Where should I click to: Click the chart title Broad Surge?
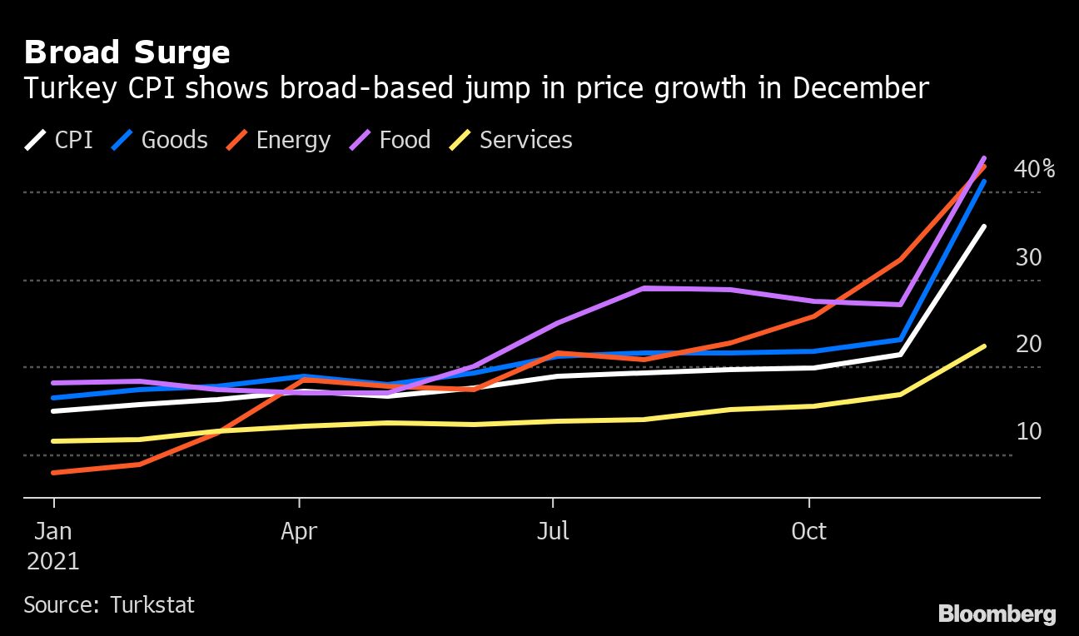(127, 53)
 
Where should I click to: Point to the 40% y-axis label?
(1034, 170)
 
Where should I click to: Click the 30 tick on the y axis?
(1028, 258)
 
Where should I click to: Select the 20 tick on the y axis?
(1028, 345)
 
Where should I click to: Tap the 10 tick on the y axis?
(1028, 432)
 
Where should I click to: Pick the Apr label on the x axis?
(299, 531)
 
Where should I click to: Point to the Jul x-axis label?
(553, 531)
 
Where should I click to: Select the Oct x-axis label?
(808, 531)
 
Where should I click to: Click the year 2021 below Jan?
(53, 561)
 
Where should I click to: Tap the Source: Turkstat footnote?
(109, 604)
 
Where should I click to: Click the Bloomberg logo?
(997, 614)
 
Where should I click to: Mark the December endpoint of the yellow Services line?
(985, 345)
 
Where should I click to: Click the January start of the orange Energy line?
(54, 473)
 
